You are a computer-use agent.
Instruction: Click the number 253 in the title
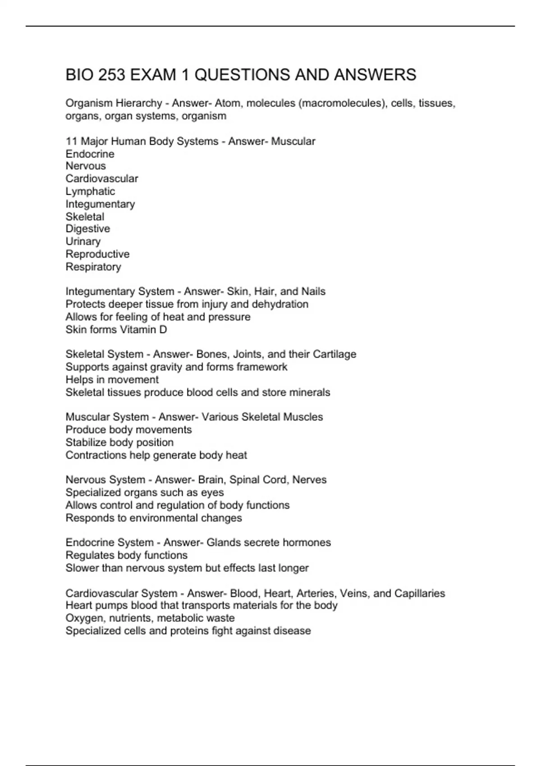[x=111, y=75]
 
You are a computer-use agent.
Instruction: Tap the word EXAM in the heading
[x=153, y=75]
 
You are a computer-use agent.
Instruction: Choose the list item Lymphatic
[x=90, y=191]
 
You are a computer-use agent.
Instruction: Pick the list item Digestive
[x=87, y=229]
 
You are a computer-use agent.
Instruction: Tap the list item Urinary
[x=83, y=242]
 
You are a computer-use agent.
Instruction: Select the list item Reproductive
[x=97, y=254]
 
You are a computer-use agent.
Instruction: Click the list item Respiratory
[x=93, y=267]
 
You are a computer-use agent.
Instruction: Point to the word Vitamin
[x=136, y=330]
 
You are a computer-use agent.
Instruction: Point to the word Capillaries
[x=420, y=593]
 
